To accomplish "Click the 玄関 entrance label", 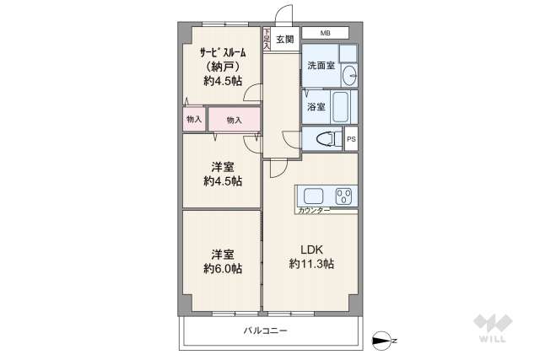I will tap(284, 39).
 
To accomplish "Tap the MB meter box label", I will tap(325, 34).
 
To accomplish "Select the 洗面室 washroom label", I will tap(321, 65).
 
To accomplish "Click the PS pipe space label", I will tap(351, 139).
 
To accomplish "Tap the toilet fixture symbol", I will tap(324, 139).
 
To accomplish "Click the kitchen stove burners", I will tap(343, 196).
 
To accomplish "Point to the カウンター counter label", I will tap(314, 210).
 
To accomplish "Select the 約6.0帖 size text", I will tap(222, 269).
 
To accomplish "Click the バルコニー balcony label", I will tap(265, 330).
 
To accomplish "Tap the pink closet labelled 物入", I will tap(234, 121).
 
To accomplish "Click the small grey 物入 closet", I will tap(194, 120).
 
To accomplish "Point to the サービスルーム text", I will tap(222, 51).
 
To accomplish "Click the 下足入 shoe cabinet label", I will tap(267, 40).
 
